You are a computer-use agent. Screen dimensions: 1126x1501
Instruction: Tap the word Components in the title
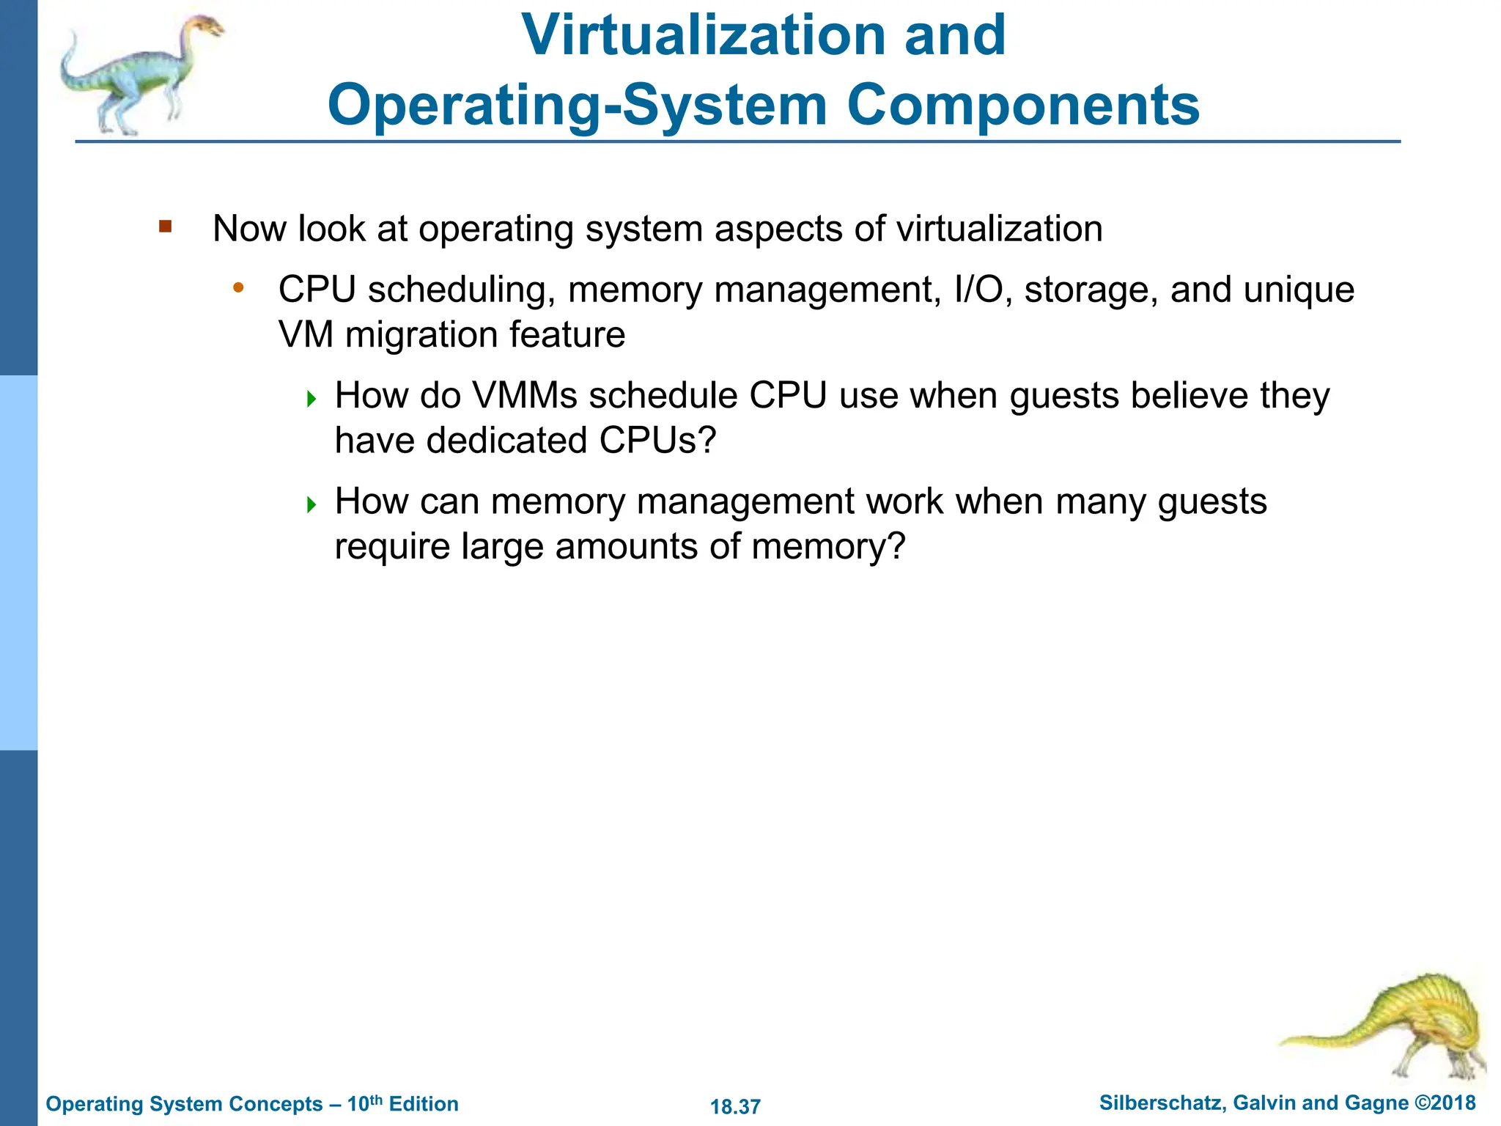pyautogui.click(x=1023, y=105)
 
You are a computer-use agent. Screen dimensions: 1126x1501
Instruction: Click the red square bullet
pyautogui.click(x=165, y=227)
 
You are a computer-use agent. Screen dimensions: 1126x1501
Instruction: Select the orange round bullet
pyautogui.click(x=237, y=288)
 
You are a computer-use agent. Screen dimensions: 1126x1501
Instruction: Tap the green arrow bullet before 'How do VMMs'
pyautogui.click(x=311, y=399)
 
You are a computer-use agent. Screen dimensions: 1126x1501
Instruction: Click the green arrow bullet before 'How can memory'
pyautogui.click(x=311, y=504)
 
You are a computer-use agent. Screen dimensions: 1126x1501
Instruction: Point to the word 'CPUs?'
pyautogui.click(x=657, y=441)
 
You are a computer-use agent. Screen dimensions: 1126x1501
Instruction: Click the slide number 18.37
pyautogui.click(x=735, y=1106)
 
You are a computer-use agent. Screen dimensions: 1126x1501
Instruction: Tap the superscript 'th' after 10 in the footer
pyautogui.click(x=376, y=1099)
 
